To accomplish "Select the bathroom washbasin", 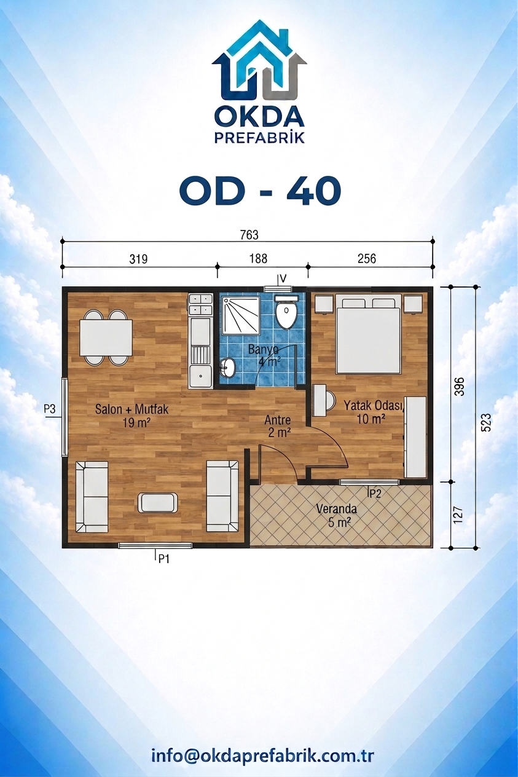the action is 227,368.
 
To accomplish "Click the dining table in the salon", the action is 106,337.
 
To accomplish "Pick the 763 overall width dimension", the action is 249,235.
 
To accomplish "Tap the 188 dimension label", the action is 258,259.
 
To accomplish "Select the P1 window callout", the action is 163,559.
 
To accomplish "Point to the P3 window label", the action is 50,409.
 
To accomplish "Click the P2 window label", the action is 375,494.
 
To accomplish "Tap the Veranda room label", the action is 336,509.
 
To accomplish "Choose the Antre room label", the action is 277,420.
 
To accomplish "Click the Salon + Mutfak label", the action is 131,409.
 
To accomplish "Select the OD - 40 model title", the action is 260,190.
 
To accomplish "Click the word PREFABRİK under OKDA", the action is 260,138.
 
